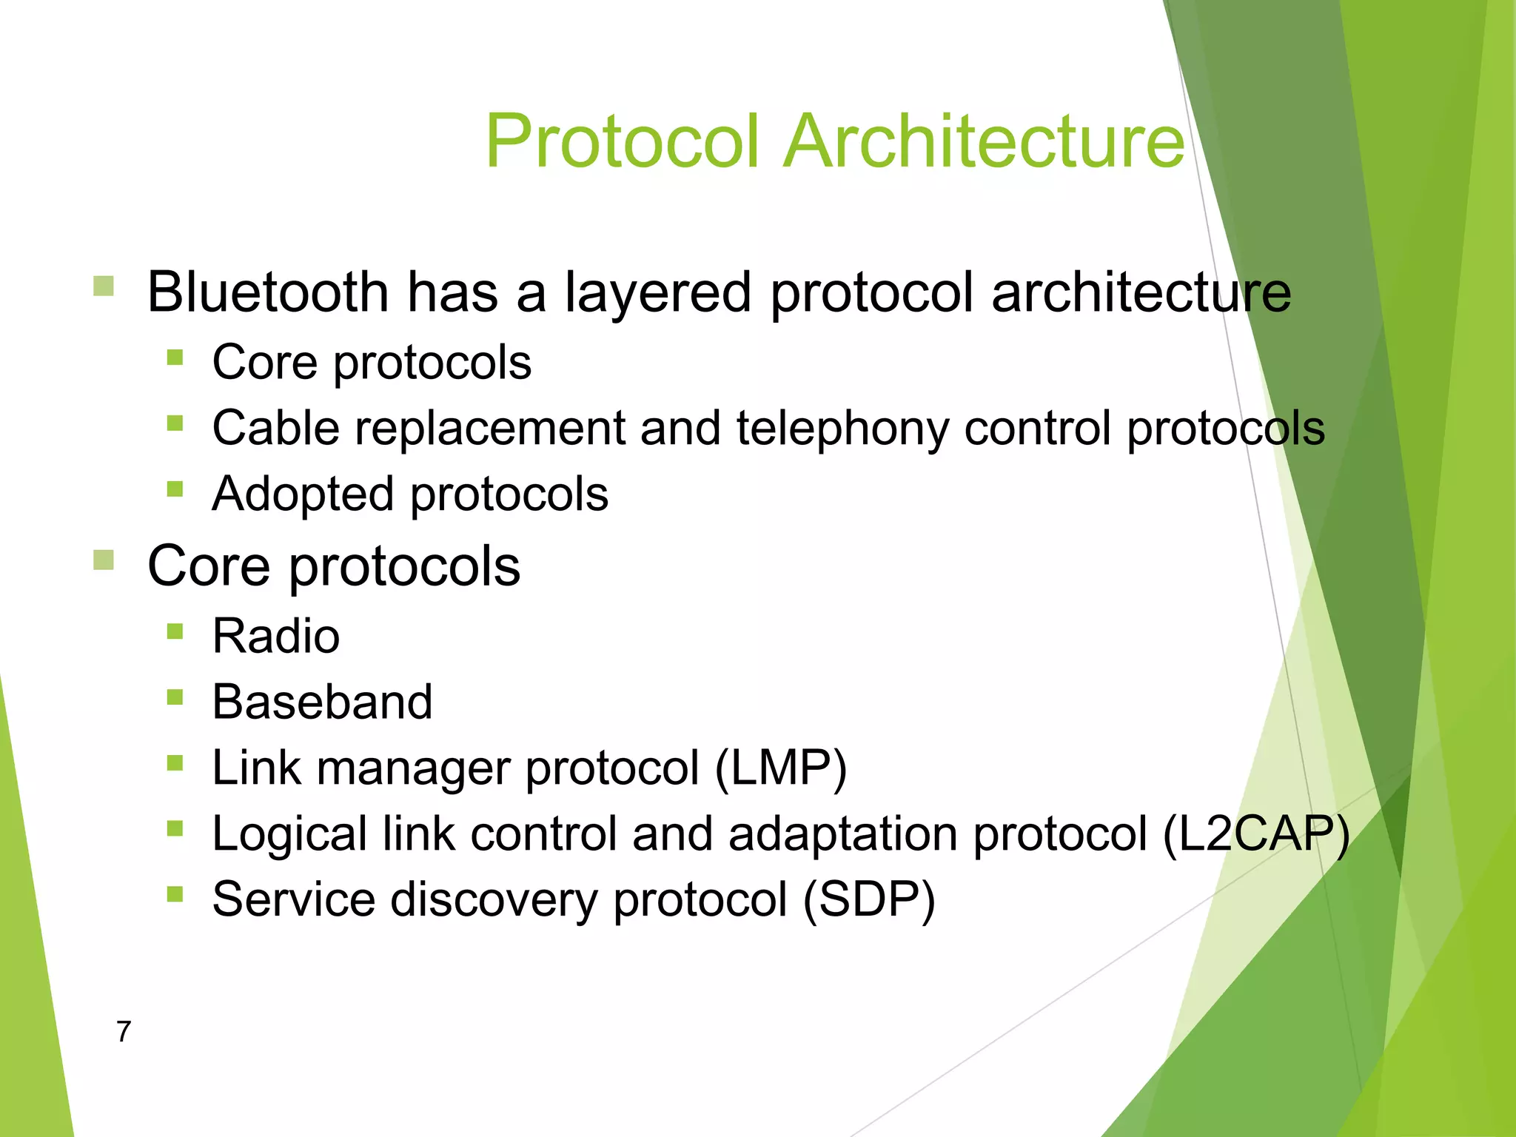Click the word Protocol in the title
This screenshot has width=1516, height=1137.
[x=623, y=141]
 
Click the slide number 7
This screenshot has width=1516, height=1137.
[x=124, y=1031]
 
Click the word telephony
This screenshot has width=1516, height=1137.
[x=842, y=429]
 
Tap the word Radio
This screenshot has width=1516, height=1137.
[x=275, y=636]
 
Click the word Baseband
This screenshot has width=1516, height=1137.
[x=322, y=702]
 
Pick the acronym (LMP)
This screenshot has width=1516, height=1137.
[x=780, y=768]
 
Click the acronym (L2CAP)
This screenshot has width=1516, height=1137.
[x=1256, y=834]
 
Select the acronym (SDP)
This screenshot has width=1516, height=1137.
[x=869, y=899]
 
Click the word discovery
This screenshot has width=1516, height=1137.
[x=494, y=899]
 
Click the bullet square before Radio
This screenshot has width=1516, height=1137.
[x=175, y=631]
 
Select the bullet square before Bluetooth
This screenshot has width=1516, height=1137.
[x=104, y=286]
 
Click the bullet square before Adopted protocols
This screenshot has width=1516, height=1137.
[x=175, y=489]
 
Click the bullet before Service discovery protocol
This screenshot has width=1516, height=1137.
[x=175, y=895]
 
